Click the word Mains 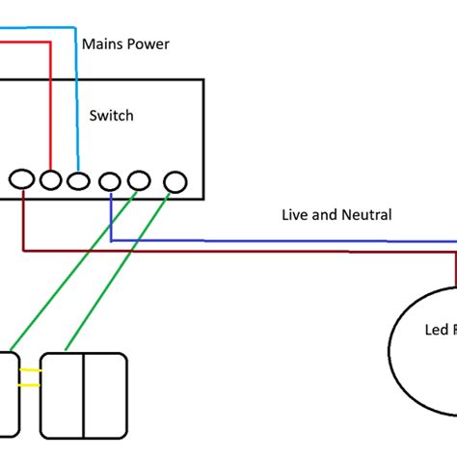click(101, 43)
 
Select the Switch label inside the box click(111, 116)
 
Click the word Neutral click(365, 215)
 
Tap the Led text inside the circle click(437, 330)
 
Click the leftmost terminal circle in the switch click(21, 179)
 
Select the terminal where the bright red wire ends click(50, 179)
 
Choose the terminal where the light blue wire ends click(78, 179)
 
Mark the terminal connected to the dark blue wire click(111, 180)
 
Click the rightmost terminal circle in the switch click(175, 180)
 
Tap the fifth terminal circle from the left click(140, 180)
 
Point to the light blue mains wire click(77, 96)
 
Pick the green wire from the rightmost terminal click(121, 270)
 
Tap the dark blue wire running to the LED click(289, 240)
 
